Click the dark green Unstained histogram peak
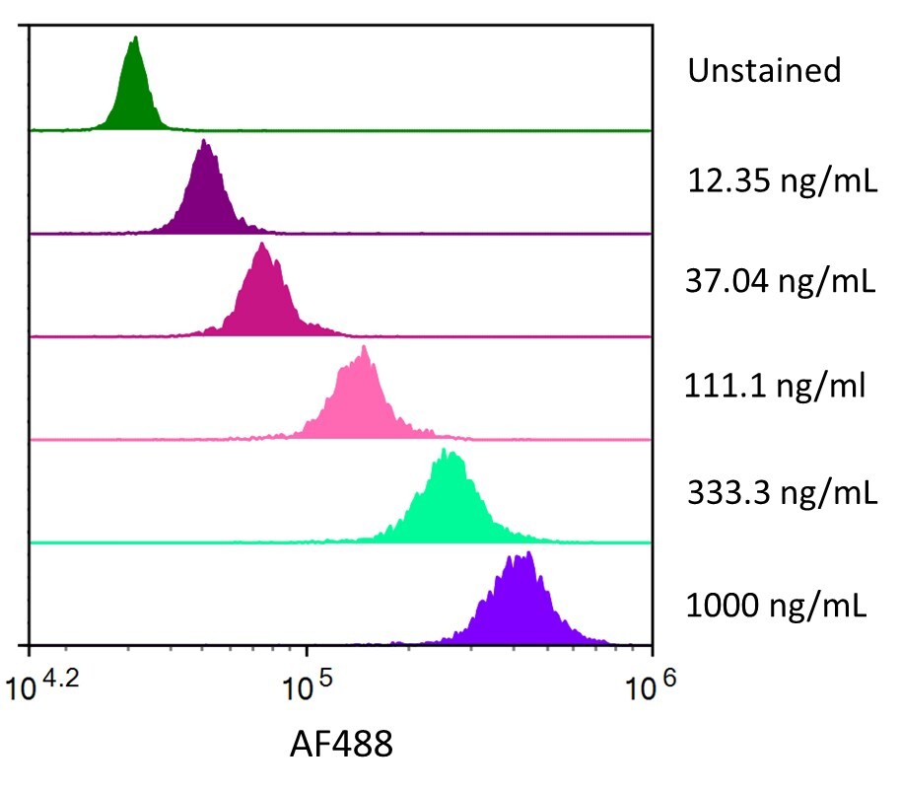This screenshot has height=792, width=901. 133,99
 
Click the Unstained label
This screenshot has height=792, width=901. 764,71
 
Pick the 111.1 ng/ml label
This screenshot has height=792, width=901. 775,386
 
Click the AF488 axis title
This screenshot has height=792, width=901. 341,745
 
